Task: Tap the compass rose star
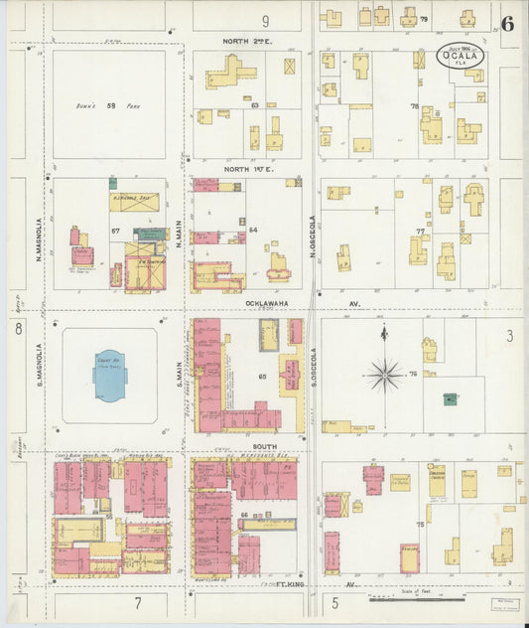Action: point(383,374)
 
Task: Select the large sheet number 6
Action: point(507,24)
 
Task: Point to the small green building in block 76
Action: point(450,399)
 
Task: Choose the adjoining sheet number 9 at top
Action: point(265,20)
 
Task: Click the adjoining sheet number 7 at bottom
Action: point(138,603)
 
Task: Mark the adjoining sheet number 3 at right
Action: point(509,337)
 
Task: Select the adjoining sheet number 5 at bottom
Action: point(336,602)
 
